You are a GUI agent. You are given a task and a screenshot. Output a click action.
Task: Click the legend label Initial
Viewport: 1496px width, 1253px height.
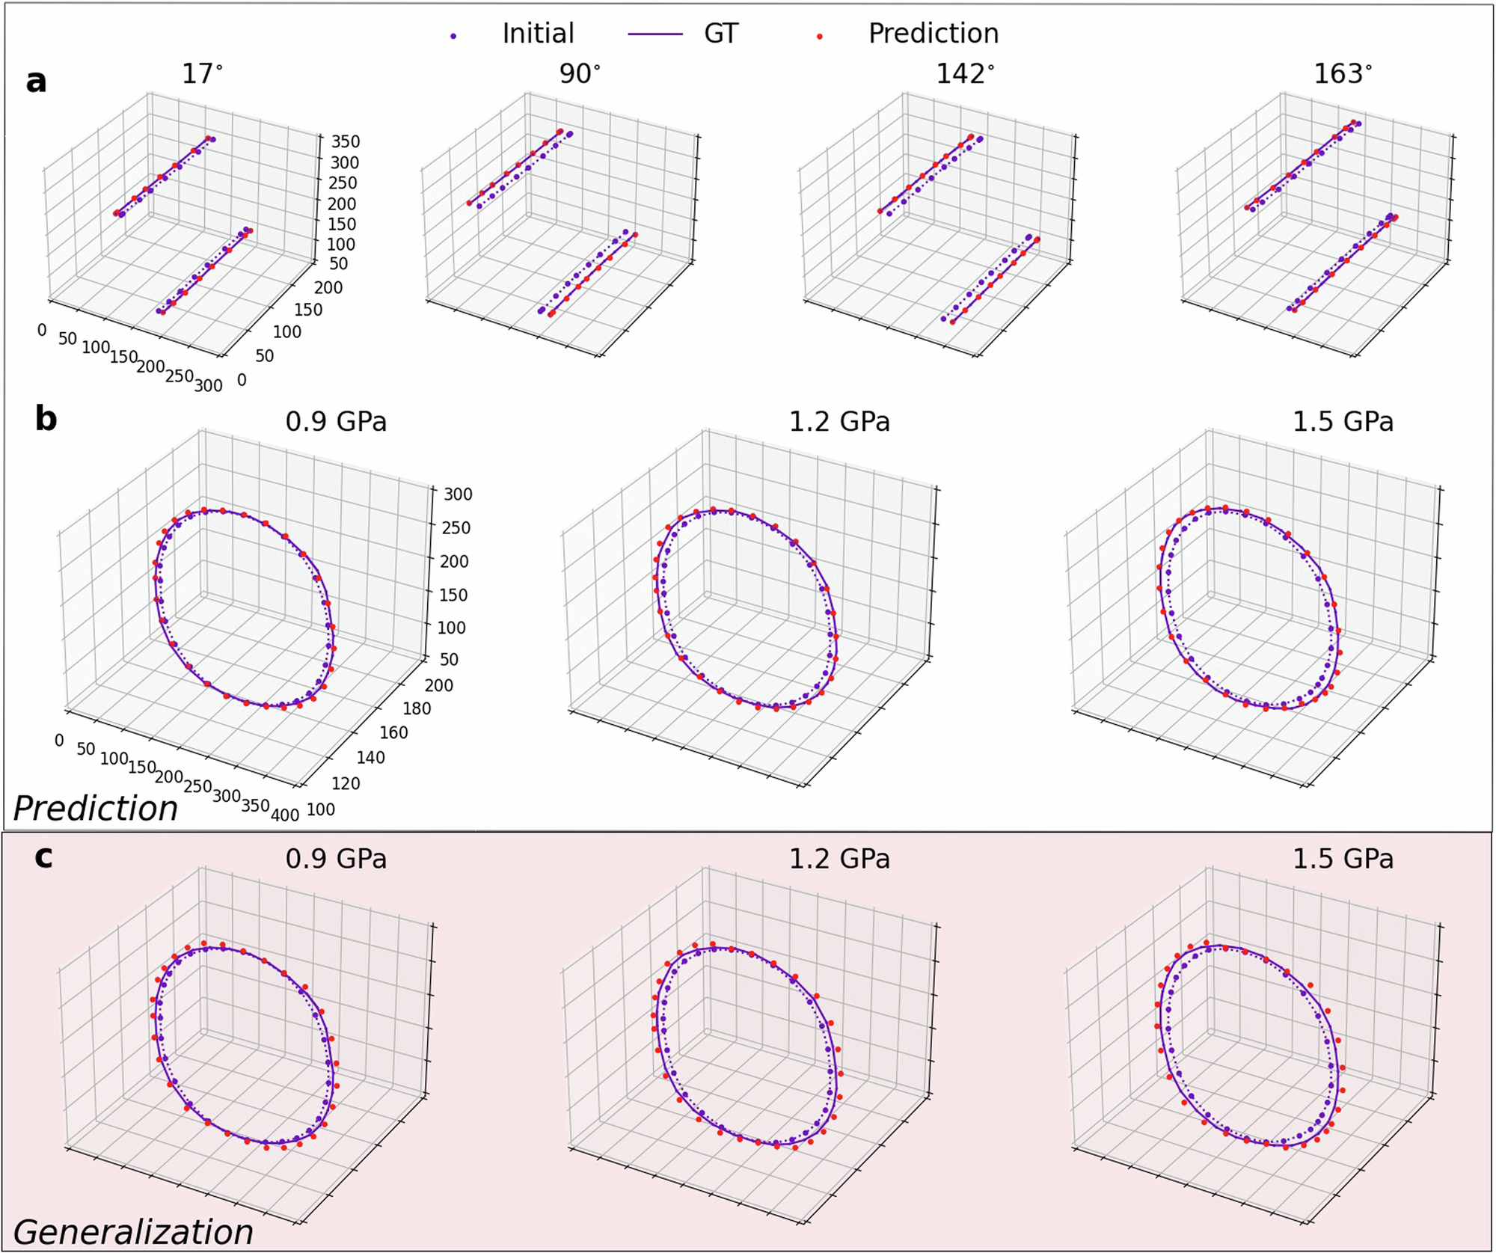point(538,34)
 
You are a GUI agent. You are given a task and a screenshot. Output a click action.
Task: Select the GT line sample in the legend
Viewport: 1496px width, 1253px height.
point(655,34)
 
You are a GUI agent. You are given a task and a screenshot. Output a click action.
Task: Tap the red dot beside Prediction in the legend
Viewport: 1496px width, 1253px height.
point(821,36)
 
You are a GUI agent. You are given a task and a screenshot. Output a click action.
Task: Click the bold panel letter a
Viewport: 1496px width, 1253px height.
point(36,81)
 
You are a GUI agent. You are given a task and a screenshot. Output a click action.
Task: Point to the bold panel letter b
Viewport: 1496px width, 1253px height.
point(46,419)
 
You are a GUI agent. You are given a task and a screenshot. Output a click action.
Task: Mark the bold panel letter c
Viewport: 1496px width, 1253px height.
point(44,857)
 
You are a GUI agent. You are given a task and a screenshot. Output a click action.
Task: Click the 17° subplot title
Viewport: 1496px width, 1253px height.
point(202,74)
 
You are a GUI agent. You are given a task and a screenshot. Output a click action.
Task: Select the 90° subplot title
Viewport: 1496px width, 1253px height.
point(580,74)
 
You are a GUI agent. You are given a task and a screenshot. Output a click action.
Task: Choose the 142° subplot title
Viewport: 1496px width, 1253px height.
point(965,74)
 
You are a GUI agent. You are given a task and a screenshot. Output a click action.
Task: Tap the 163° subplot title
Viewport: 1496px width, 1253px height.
point(1343,74)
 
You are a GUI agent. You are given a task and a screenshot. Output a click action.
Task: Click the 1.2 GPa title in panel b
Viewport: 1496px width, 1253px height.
point(839,422)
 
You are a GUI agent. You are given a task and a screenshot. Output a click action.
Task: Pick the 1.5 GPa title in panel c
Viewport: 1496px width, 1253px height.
point(1343,858)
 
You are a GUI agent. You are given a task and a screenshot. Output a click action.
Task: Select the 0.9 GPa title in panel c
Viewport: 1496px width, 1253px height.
point(336,858)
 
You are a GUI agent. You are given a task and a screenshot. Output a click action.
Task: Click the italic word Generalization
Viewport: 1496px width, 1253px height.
point(133,1231)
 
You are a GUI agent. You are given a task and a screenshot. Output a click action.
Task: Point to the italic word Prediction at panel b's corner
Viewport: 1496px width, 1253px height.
point(96,809)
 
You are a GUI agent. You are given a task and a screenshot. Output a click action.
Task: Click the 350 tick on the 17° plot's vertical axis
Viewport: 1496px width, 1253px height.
point(346,141)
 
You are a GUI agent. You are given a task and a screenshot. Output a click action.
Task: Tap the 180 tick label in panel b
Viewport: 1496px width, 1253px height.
point(417,708)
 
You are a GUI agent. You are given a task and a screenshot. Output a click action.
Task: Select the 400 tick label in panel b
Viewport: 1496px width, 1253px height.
point(285,815)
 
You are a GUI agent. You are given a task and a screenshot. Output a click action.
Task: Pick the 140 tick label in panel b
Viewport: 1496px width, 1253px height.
point(370,758)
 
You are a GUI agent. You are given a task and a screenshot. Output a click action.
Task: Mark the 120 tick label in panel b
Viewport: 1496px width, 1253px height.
point(346,784)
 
